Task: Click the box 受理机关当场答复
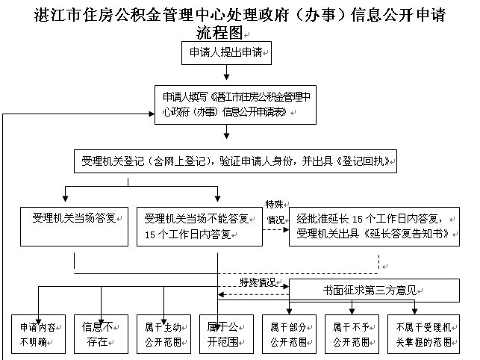[x=74, y=226]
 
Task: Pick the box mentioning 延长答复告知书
[x=374, y=226]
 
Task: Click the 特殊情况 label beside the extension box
[x=275, y=211]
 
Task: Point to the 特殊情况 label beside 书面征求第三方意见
[x=257, y=282]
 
